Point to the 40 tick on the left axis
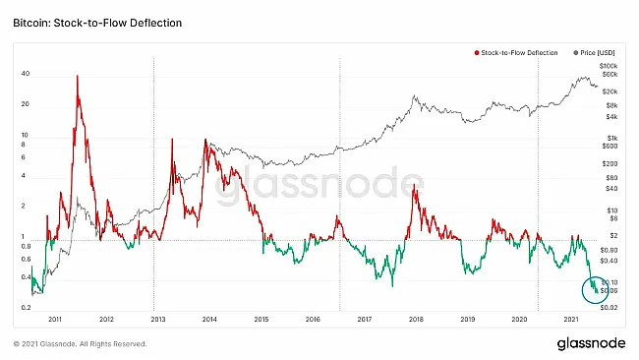coord(26,74)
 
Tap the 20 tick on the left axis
coord(26,104)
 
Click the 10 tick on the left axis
coord(26,136)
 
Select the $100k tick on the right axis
coord(608,63)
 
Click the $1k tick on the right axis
coord(610,138)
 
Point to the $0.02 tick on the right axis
coord(610,308)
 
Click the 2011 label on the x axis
coord(55,320)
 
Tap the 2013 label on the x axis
coord(158,320)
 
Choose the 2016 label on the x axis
coord(313,320)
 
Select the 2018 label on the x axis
coord(416,320)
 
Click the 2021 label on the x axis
coord(570,320)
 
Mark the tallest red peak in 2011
coord(78,76)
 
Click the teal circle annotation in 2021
coord(596,289)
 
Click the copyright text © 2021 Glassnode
coord(80,344)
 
